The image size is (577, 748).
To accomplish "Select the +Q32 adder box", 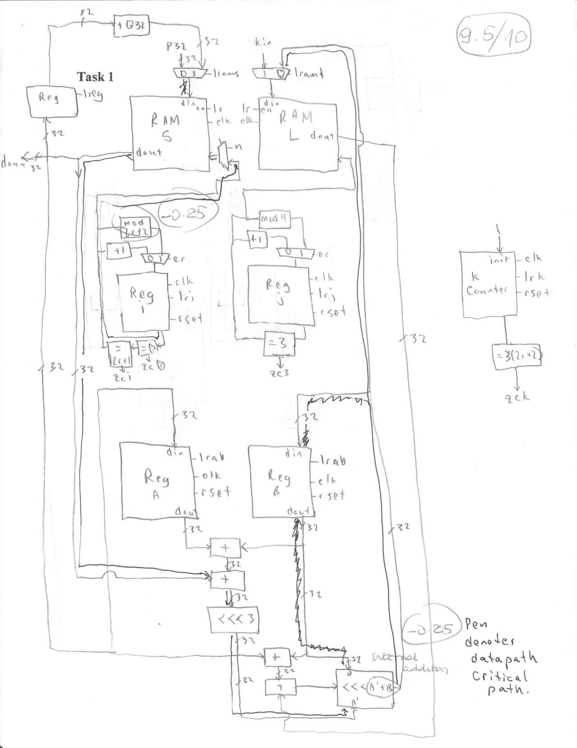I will coord(131,26).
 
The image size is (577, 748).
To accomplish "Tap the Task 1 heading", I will coord(95,77).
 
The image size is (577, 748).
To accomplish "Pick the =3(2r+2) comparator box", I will coord(516,357).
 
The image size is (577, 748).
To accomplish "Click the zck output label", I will coord(517,398).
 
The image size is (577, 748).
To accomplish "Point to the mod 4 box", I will coord(275,220).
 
